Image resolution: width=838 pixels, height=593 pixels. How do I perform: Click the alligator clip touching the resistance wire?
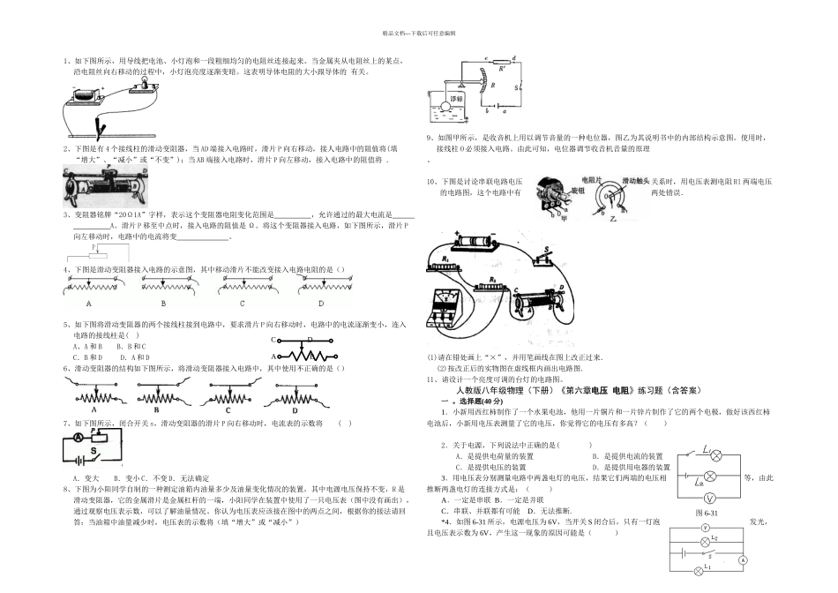pyautogui.click(x=104, y=129)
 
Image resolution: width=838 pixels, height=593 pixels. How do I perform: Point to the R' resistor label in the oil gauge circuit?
pyautogui.click(x=502, y=65)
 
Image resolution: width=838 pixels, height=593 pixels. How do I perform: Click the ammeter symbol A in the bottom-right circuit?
pyautogui.click(x=744, y=560)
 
